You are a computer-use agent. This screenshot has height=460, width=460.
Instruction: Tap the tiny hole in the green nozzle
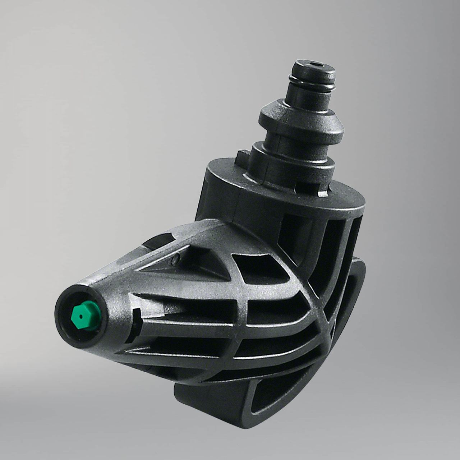click(x=81, y=316)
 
